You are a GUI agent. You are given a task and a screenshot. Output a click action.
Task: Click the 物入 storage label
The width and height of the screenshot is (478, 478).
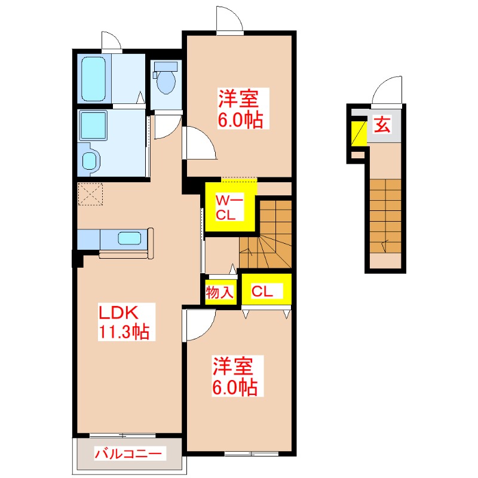click(x=219, y=292)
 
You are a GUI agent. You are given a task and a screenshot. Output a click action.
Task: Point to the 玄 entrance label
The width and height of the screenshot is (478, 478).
click(x=382, y=125)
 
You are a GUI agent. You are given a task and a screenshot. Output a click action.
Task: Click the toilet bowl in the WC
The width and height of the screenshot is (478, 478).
click(x=164, y=81)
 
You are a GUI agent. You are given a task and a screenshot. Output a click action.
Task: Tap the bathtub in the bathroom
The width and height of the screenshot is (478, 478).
click(x=93, y=80)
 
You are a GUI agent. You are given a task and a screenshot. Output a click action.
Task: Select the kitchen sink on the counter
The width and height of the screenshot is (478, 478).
click(x=130, y=238)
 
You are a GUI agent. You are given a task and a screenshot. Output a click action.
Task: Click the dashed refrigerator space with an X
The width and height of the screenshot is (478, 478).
click(x=91, y=194)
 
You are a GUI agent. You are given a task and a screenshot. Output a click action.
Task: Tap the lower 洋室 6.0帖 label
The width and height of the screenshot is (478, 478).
click(x=235, y=376)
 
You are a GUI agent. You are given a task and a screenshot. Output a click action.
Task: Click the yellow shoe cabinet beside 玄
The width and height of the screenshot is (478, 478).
click(x=358, y=133)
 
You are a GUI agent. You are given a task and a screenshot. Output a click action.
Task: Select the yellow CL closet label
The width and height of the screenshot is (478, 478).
click(x=262, y=291)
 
